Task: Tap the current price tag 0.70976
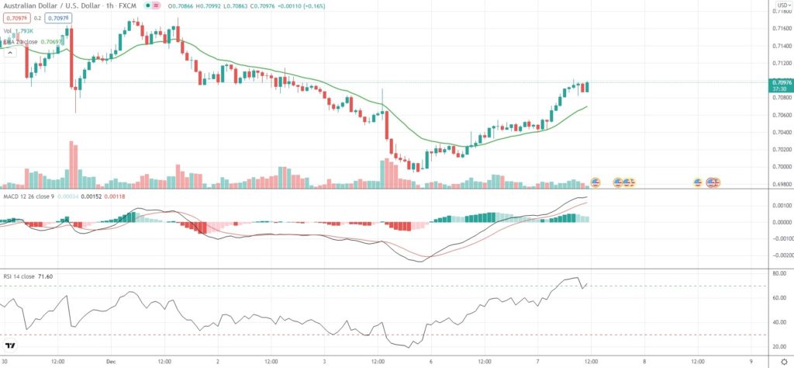click(781, 82)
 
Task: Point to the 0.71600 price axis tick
click(781, 29)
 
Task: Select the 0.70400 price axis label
click(781, 132)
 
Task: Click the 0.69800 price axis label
click(781, 184)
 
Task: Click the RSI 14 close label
click(19, 276)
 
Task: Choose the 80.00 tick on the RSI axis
click(779, 274)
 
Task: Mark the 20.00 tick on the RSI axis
click(779, 347)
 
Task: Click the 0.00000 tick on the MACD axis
click(781, 222)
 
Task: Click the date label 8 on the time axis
click(643, 361)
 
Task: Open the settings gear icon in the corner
click(782, 361)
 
